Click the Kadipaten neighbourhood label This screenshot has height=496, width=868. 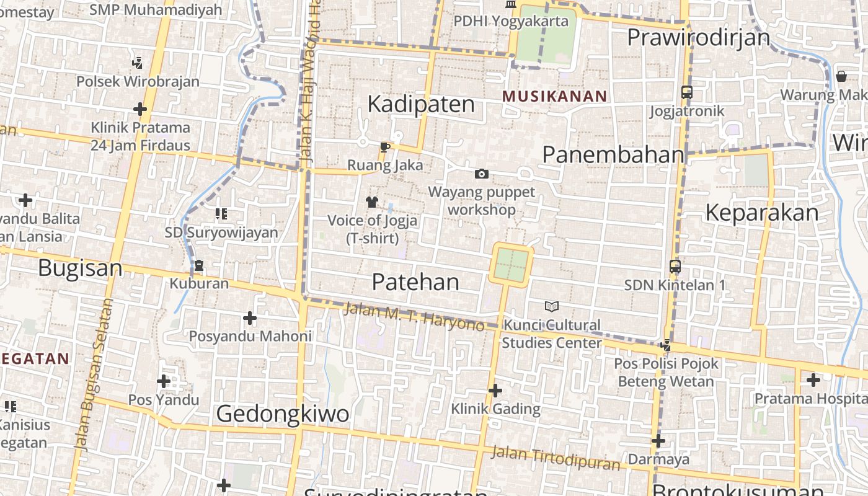click(x=421, y=104)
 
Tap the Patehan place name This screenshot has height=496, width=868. click(x=415, y=282)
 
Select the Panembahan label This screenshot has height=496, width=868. click(x=613, y=155)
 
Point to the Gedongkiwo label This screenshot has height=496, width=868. click(x=282, y=414)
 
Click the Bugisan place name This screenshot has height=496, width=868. click(x=80, y=268)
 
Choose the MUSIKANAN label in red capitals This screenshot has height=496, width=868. click(x=554, y=96)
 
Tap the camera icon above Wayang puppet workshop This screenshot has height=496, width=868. click(x=481, y=174)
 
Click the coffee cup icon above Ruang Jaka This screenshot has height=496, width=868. click(x=384, y=147)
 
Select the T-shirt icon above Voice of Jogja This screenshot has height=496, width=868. click(x=372, y=201)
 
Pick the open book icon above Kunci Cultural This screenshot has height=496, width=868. click(x=551, y=306)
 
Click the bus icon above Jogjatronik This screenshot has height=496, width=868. click(x=687, y=92)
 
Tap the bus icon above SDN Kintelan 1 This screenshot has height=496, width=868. click(x=675, y=267)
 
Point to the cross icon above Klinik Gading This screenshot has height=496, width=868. click(x=495, y=391)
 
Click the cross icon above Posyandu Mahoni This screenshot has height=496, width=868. click(x=250, y=318)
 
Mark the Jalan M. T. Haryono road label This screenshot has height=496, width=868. click(x=414, y=316)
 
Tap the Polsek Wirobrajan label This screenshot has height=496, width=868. click(x=138, y=81)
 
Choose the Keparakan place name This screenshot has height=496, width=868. click(x=762, y=213)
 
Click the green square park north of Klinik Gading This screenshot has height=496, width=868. click(x=511, y=265)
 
